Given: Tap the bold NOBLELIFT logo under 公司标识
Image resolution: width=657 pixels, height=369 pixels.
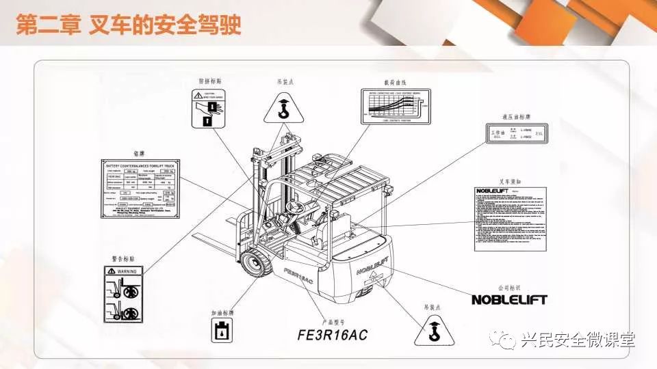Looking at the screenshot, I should [x=510, y=299].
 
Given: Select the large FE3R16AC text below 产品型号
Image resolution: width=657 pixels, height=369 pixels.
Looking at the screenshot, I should [x=333, y=335].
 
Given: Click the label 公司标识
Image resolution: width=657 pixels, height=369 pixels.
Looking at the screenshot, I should [x=509, y=288].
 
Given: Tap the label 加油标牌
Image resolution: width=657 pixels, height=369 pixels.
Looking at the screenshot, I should [x=223, y=313].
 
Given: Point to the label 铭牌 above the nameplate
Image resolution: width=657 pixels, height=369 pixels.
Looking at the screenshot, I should [x=140, y=154].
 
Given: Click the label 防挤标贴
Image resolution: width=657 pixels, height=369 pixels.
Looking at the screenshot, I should [x=210, y=81].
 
